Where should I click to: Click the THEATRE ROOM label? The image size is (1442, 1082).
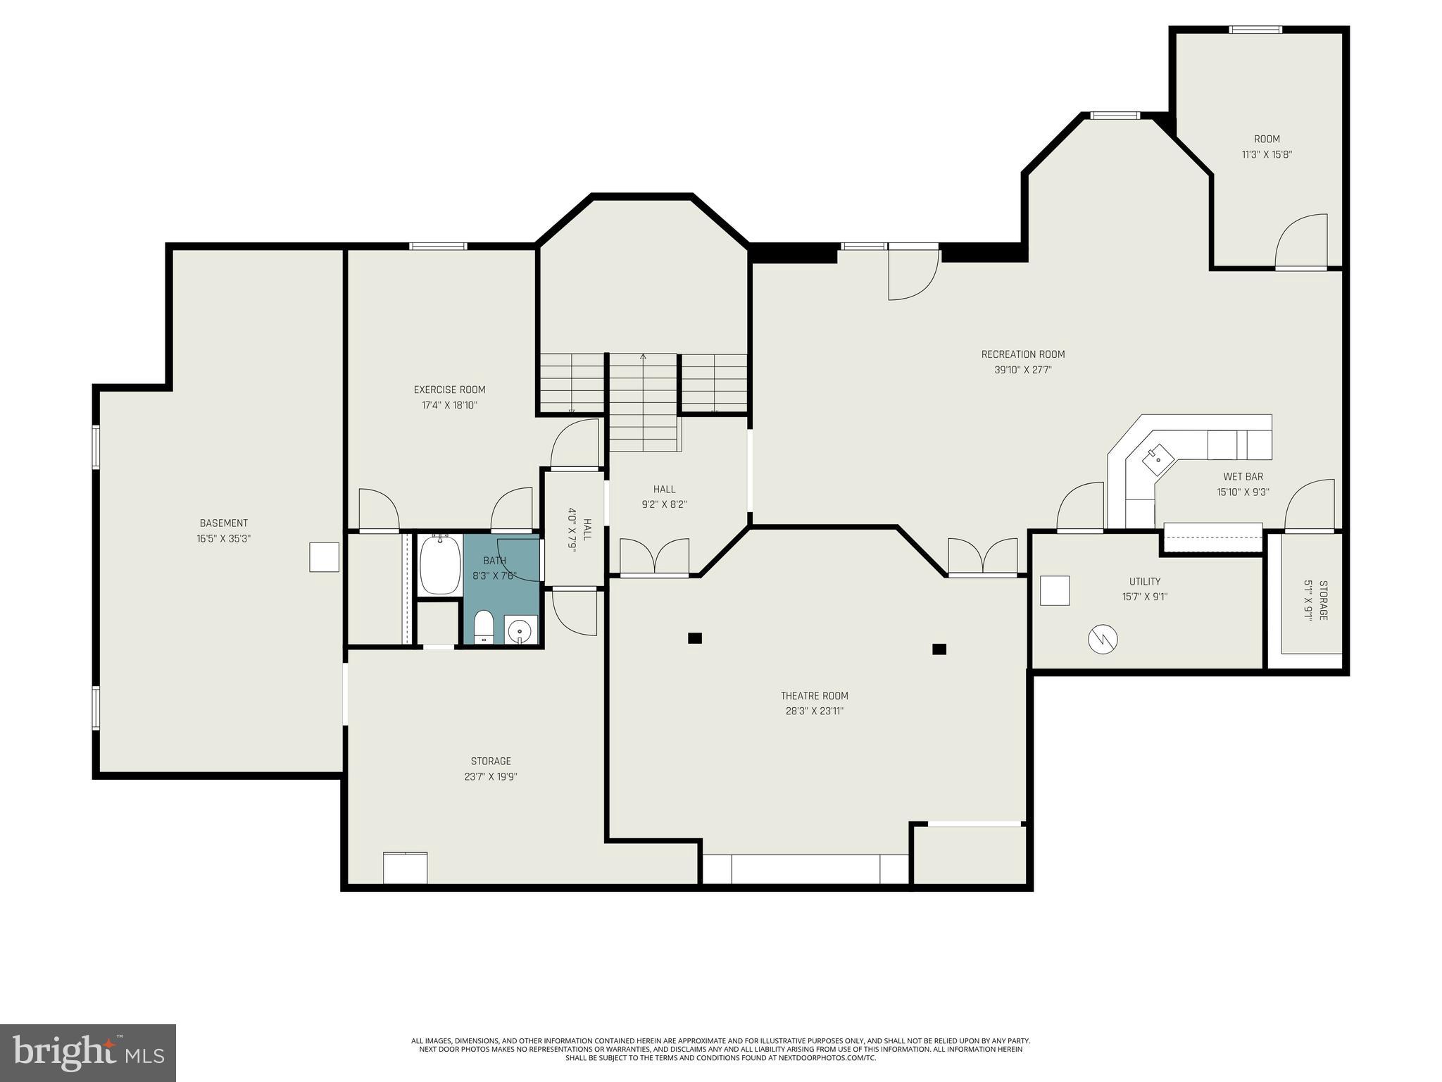[814, 696]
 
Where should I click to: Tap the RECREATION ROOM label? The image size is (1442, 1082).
[1022, 354]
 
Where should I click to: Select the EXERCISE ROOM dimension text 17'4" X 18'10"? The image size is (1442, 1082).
[449, 405]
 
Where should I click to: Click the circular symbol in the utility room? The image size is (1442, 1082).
[1103, 639]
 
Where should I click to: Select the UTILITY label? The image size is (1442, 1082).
[1145, 581]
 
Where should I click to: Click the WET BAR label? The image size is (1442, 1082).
[1243, 477]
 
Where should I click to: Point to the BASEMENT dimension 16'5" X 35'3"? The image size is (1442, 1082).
[224, 539]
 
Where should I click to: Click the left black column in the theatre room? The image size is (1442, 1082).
[695, 638]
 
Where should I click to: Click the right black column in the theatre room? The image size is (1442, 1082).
[939, 649]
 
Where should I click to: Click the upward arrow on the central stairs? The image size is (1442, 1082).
[643, 358]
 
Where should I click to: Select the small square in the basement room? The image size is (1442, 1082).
[325, 556]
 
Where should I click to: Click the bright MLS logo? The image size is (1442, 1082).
[88, 1052]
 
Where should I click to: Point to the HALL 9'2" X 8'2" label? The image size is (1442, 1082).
[664, 489]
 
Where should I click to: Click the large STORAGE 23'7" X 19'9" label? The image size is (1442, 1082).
[491, 761]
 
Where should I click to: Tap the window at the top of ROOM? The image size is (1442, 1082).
[1255, 30]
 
